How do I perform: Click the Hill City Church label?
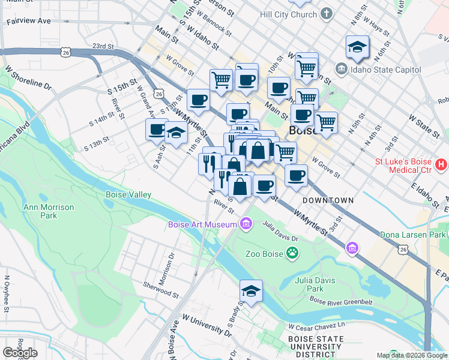point(288,13)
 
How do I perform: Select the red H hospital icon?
point(441,164)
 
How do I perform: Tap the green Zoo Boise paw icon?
point(292,253)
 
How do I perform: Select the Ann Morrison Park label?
point(48,211)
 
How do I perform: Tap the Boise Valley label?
point(128,195)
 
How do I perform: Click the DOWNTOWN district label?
point(328,200)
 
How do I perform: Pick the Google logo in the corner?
point(20,352)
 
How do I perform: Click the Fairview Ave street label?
point(29,20)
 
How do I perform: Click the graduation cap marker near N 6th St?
point(357,47)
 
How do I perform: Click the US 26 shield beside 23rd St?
point(65,53)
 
